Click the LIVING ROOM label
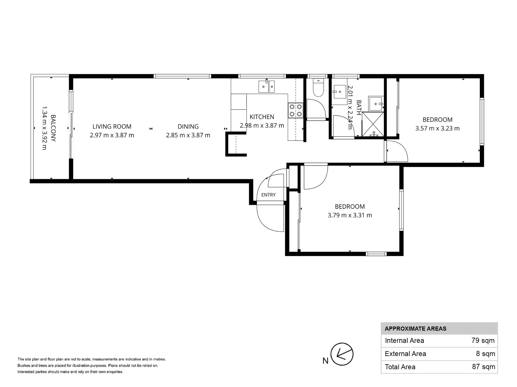pos(112,126)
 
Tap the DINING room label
pos(188,126)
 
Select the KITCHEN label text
pos(262,117)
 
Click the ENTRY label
pos(268,195)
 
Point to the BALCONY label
pos(53,128)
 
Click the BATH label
pos(359,107)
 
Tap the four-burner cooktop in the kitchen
pos(295,110)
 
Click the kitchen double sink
pos(267,86)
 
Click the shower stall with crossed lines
pos(373,124)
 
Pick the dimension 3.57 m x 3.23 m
pos(437,128)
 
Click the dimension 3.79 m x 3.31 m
pos(350,215)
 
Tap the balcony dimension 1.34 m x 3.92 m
pos(44,128)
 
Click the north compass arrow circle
pos(342,354)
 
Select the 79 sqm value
pos(483,341)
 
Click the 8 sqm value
pos(485,354)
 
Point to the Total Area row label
pos(400,367)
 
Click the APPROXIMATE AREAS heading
pos(415,329)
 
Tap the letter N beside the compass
pos(325,361)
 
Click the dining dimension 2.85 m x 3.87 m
pos(188,135)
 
